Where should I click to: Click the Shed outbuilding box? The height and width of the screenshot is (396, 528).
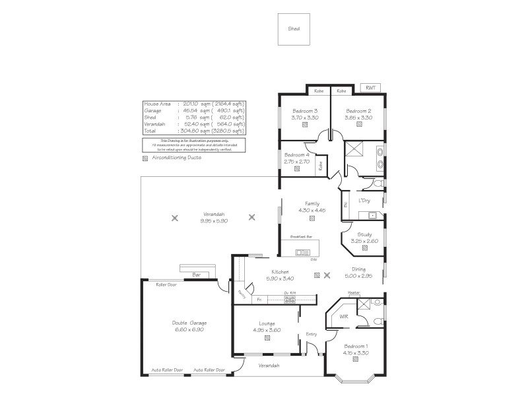[x=293, y=30]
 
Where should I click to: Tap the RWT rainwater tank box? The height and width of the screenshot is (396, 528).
[x=370, y=88]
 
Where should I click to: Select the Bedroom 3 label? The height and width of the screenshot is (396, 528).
[x=305, y=111]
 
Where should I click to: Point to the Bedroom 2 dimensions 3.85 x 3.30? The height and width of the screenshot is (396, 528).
[x=358, y=117]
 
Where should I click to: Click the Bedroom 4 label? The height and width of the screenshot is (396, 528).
[x=297, y=155]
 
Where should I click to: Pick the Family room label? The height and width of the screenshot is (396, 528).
[x=312, y=203]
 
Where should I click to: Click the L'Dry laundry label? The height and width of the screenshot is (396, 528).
[x=364, y=200]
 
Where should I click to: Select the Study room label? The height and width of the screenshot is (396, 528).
[x=364, y=234]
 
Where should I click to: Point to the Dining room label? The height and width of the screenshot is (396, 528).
[x=358, y=269]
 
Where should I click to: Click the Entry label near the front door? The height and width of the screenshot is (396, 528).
[x=312, y=334]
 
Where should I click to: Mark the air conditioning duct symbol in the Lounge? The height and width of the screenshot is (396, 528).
[x=267, y=338]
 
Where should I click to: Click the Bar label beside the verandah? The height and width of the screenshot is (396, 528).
[x=195, y=273]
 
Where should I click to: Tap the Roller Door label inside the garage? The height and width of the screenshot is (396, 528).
[x=166, y=285]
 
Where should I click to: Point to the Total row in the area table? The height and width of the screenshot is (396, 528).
[x=194, y=131]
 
